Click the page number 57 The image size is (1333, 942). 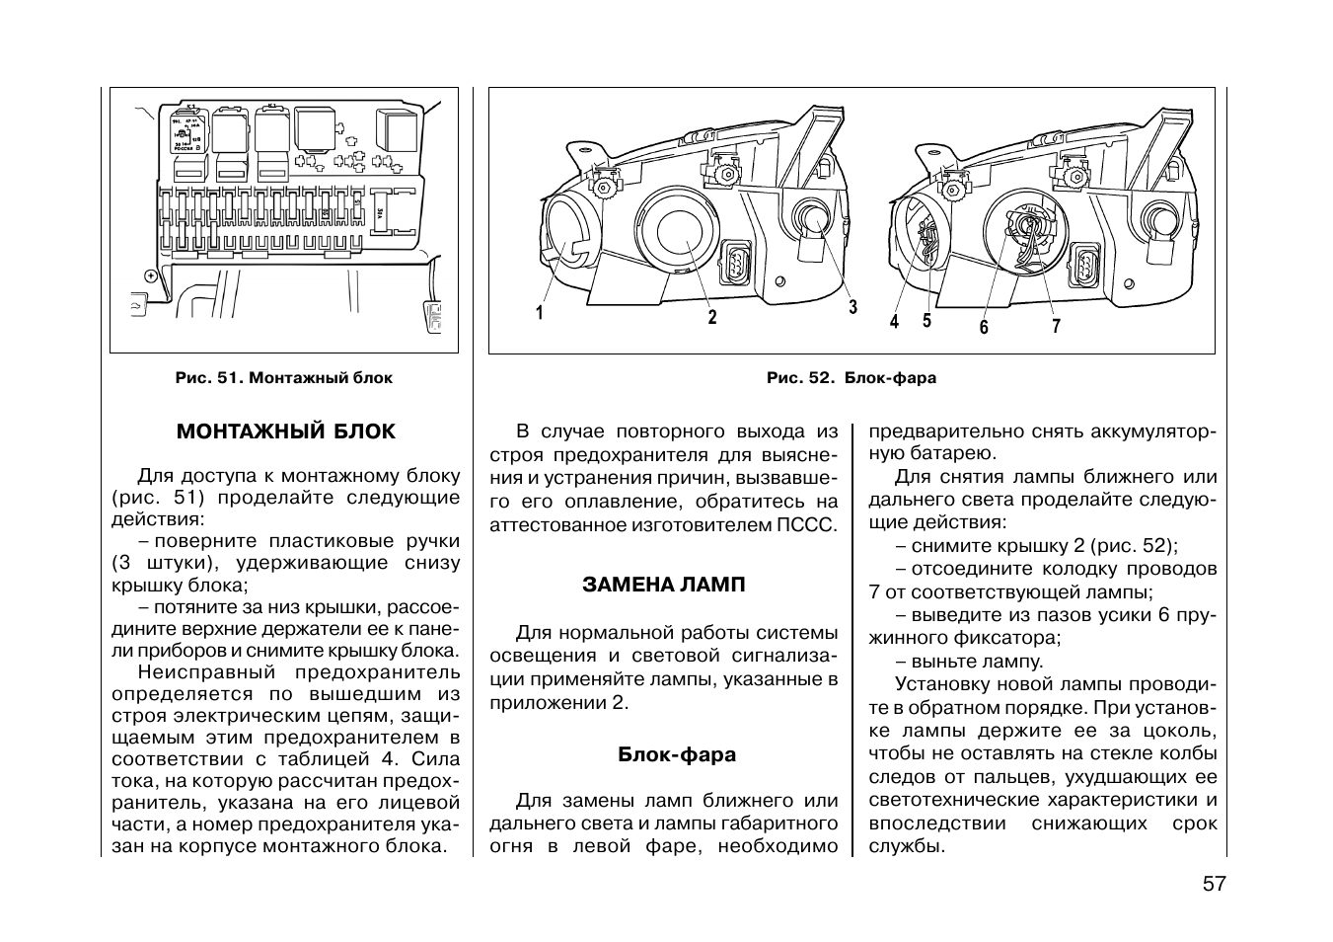point(1214,884)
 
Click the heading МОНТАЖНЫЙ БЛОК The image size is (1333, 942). point(285,432)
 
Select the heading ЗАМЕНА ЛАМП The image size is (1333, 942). point(664,585)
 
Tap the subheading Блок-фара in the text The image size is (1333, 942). point(677,754)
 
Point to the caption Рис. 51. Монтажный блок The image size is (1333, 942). point(283,378)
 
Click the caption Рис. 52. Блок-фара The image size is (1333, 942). point(852,378)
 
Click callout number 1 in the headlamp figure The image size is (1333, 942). point(540,313)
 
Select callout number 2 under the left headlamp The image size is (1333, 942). point(711,317)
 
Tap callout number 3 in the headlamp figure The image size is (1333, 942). point(853,307)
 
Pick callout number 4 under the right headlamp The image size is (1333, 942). point(894,321)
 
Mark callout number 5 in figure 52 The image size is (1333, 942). point(926,321)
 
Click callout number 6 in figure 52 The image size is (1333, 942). point(984,327)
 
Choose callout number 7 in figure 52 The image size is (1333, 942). point(1056,326)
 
